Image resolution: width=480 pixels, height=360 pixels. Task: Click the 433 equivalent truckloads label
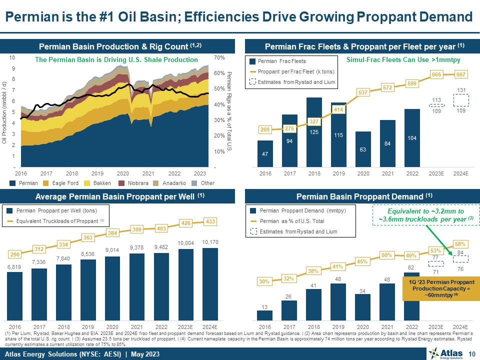pos(210,221)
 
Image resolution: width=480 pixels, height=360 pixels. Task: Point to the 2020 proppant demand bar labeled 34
pos(363,306)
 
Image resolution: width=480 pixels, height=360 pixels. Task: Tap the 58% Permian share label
pos(460,244)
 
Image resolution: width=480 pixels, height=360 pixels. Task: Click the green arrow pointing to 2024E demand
pos(439,240)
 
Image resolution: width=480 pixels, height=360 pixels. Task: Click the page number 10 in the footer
pos(471,354)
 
